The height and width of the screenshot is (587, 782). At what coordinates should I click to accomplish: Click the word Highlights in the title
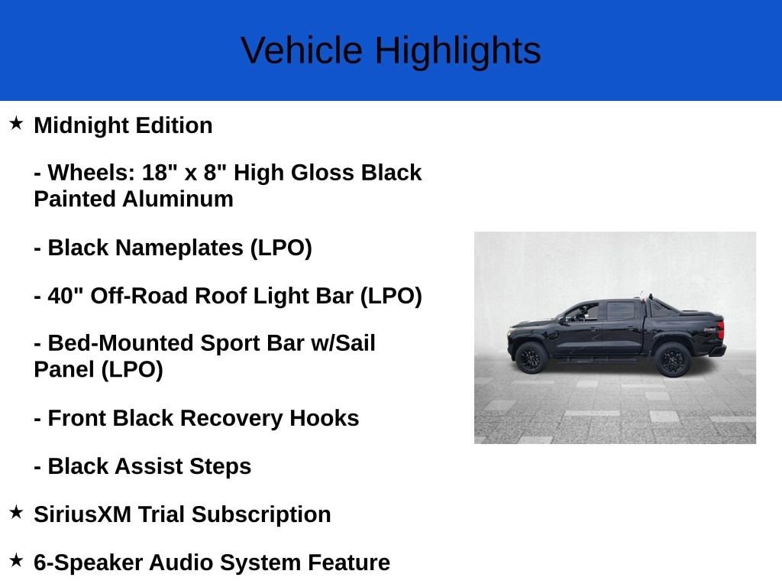click(x=457, y=50)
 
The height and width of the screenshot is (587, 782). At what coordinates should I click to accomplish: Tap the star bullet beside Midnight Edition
click(x=16, y=123)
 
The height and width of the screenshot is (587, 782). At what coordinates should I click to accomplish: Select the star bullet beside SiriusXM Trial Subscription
click(x=16, y=512)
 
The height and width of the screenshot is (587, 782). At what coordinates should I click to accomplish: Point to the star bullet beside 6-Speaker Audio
click(x=16, y=560)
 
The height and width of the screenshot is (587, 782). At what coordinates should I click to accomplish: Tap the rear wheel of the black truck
click(x=672, y=358)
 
